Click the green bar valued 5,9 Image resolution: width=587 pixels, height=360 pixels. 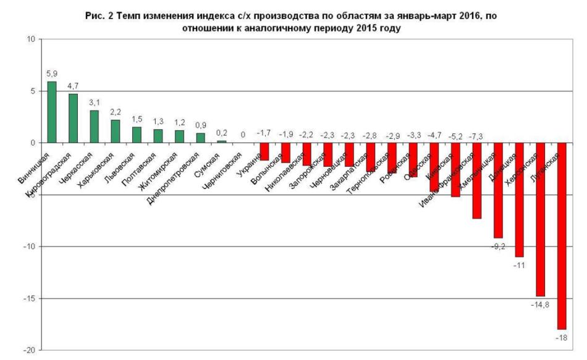pos(52,112)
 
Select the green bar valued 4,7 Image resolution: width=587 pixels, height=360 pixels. pos(73,118)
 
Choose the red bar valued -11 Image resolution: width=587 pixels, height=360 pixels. pos(520,199)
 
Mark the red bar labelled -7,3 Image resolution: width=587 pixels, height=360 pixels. pos(477,180)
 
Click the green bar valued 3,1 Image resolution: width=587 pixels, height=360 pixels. pos(94,127)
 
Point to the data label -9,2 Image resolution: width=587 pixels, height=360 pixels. pos(498,246)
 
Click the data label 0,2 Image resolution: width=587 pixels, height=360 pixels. pos(221,132)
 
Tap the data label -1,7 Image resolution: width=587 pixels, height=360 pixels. pos(264,133)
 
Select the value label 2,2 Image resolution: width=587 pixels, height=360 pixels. pos(115,112)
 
